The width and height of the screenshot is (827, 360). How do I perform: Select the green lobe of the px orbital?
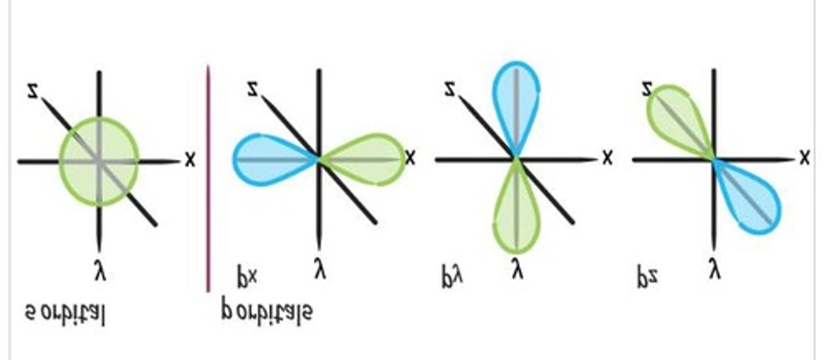(368, 160)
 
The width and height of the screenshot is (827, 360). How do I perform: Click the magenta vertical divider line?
(208, 178)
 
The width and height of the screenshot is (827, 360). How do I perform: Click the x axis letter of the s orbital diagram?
(190, 160)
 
